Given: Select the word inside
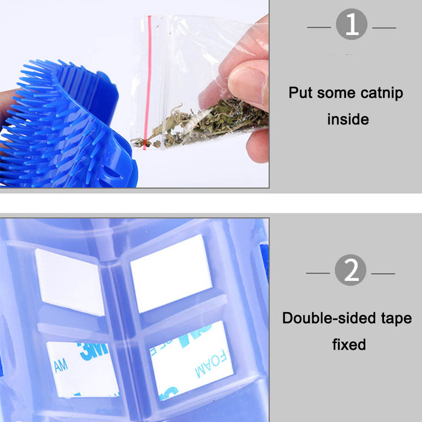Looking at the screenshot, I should tap(348, 119).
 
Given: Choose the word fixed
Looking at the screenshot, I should tap(349, 344).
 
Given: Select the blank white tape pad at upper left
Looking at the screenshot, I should tap(70, 281).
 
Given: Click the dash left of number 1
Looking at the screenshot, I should tap(320, 27).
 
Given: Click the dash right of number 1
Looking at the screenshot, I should tap(383, 27).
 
